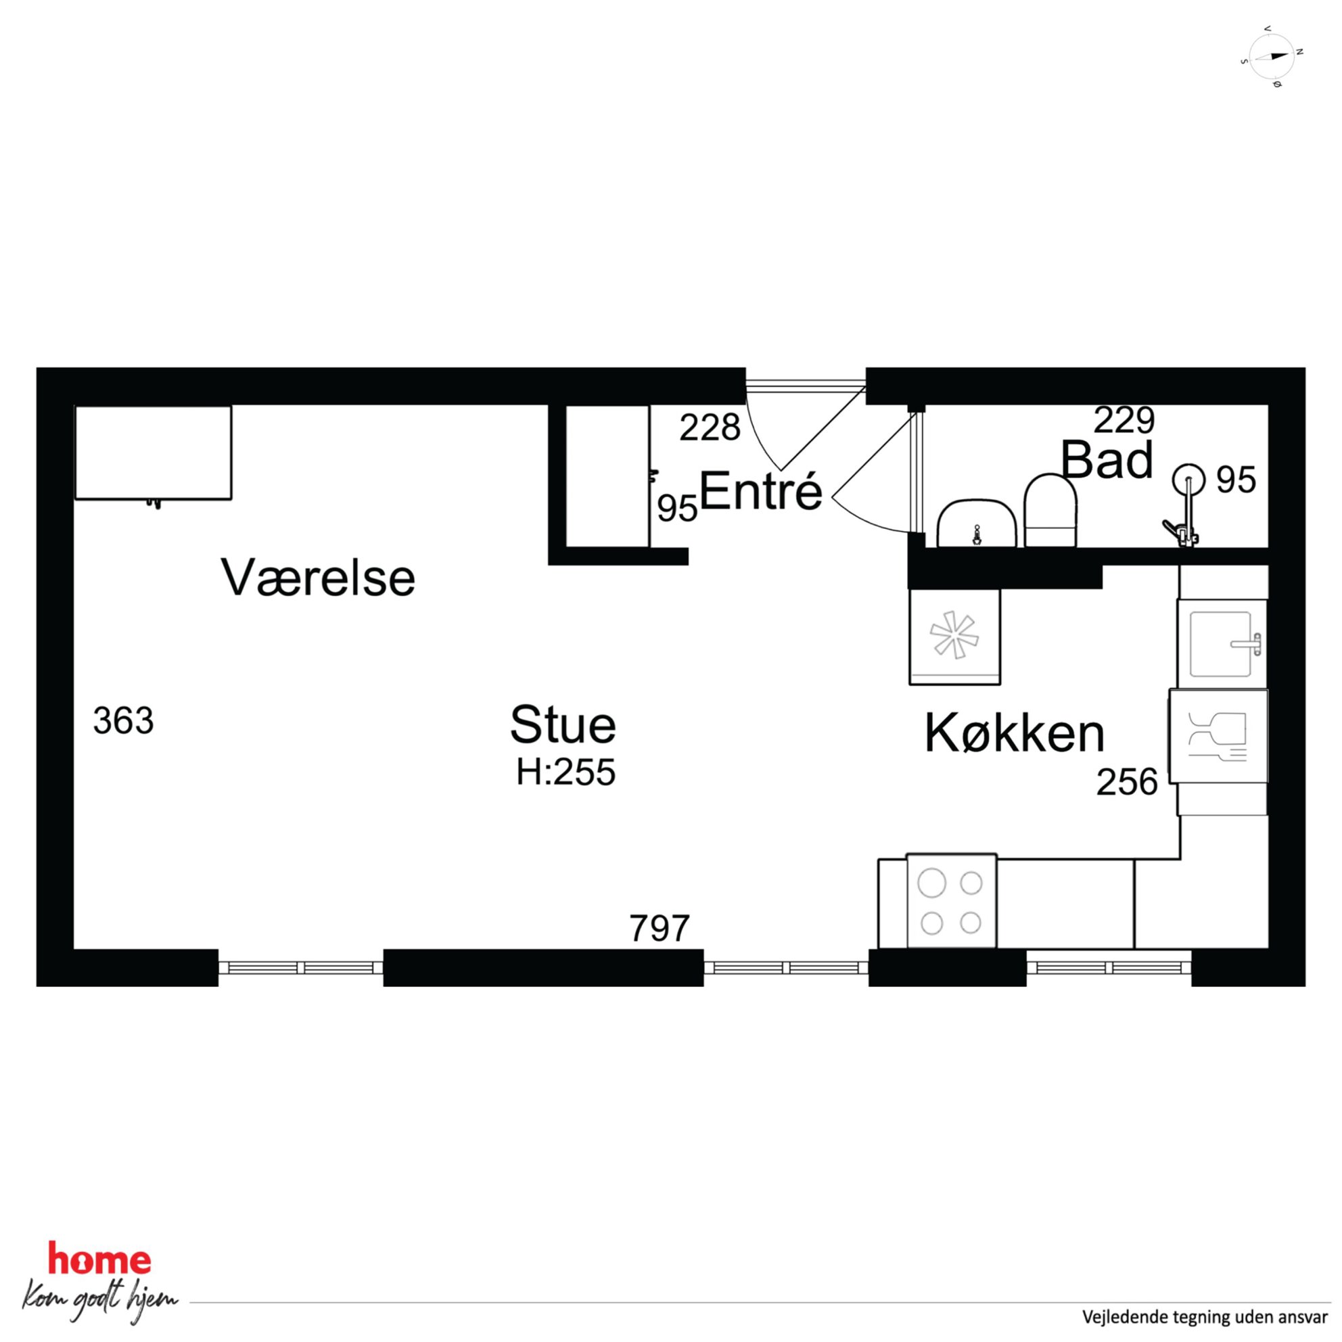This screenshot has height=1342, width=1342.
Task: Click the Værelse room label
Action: pyautogui.click(x=318, y=577)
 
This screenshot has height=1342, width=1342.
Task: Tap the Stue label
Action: pyautogui.click(x=563, y=724)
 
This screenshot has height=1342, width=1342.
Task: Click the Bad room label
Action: pyautogui.click(x=1107, y=460)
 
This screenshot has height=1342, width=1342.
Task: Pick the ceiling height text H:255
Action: pyautogui.click(x=565, y=772)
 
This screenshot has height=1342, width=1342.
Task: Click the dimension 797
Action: pyautogui.click(x=660, y=928)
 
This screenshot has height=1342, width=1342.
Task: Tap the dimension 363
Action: pyautogui.click(x=123, y=720)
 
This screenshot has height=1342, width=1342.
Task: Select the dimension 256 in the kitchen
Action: pyautogui.click(x=1128, y=782)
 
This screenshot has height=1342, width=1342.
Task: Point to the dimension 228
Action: pyautogui.click(x=710, y=428)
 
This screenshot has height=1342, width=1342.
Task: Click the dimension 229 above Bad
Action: pyautogui.click(x=1124, y=419)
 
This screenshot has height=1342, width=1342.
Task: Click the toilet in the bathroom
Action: pyautogui.click(x=1050, y=510)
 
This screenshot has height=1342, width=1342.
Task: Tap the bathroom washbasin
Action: pyautogui.click(x=977, y=523)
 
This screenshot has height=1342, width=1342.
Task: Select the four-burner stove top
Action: pyautogui.click(x=952, y=901)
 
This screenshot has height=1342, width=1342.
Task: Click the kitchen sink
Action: pyautogui.click(x=1222, y=644)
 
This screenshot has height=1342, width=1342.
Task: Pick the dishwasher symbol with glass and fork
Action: pyautogui.click(x=1218, y=736)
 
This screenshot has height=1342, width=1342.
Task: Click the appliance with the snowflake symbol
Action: pyautogui.click(x=955, y=637)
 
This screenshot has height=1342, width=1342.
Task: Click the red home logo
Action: pyautogui.click(x=99, y=1260)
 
